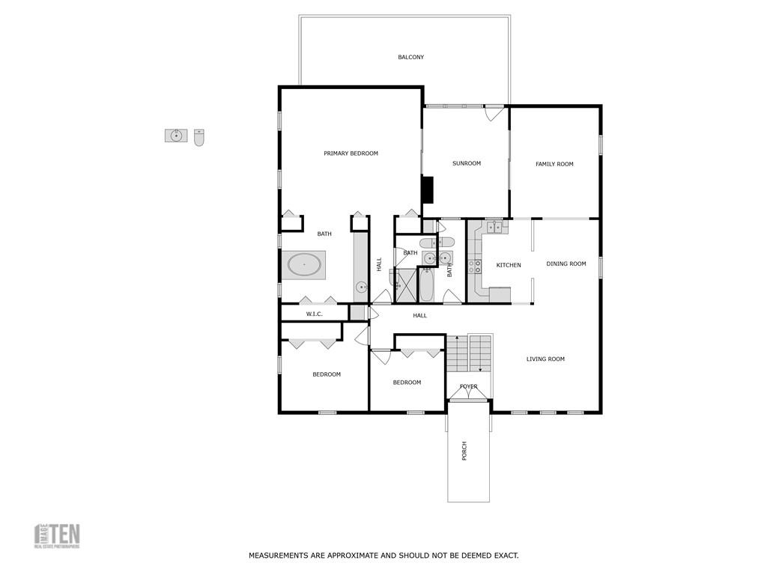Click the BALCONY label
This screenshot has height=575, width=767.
(411, 57)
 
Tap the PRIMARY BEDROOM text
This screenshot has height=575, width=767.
(351, 153)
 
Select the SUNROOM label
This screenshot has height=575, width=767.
(467, 163)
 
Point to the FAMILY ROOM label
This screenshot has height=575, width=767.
(554, 164)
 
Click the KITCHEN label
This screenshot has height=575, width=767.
(509, 265)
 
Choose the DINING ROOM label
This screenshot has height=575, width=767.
(566, 264)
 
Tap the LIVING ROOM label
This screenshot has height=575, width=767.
(545, 359)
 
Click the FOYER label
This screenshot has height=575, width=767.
(469, 386)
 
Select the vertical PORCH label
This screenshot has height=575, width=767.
(464, 451)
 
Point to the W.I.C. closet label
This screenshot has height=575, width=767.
(314, 314)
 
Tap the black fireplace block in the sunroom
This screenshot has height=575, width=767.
(428, 189)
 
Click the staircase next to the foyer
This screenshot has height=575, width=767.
(469, 353)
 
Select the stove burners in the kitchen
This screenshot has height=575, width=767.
(474, 266)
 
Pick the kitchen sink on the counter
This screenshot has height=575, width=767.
(494, 226)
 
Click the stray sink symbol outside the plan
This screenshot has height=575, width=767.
(176, 136)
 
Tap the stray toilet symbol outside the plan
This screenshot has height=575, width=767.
(199, 137)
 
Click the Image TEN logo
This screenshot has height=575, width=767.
(57, 536)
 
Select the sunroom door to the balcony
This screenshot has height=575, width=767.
(494, 112)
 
